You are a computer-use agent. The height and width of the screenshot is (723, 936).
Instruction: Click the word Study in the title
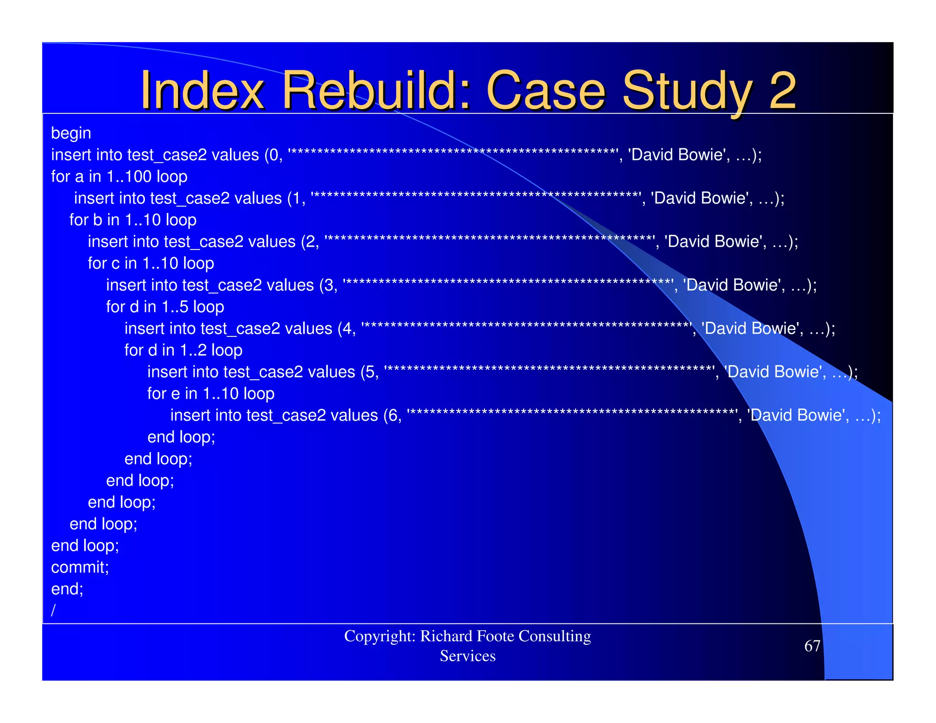tap(688, 91)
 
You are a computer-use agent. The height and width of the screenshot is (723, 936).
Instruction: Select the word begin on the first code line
tap(71, 133)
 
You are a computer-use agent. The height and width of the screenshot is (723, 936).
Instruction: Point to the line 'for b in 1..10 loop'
tap(133, 220)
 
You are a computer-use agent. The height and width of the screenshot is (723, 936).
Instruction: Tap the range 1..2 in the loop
tap(193, 350)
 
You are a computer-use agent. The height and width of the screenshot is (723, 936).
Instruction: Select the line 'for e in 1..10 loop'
tap(211, 393)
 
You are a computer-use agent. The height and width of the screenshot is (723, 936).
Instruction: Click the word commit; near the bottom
tap(80, 567)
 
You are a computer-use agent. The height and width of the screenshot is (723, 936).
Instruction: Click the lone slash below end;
tap(53, 610)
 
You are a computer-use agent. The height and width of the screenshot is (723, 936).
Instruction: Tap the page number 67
tap(812, 646)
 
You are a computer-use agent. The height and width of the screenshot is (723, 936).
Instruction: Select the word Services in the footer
tap(468, 656)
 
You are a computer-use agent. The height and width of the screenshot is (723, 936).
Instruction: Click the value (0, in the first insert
tap(273, 155)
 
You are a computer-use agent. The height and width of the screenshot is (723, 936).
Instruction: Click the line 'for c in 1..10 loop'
tap(151, 263)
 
